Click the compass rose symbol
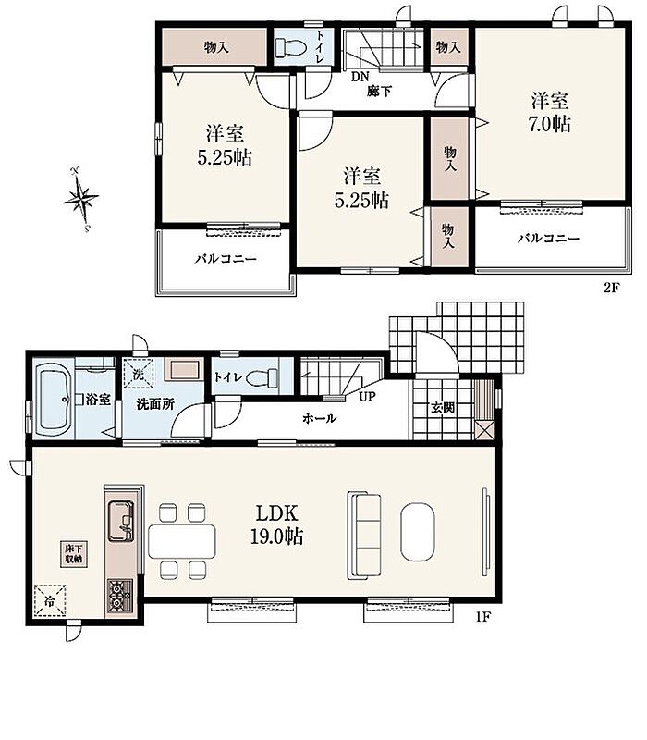tap(81, 199)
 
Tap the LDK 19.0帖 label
tap(276, 524)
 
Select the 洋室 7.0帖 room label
tap(550, 113)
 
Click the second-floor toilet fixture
tap(291, 47)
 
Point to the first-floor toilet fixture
tap(262, 377)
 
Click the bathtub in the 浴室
tap(54, 400)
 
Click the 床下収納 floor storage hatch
tap(74, 554)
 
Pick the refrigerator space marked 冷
tap(50, 600)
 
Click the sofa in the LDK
tap(364, 536)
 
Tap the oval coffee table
tap(418, 532)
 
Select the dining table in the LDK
tap(182, 541)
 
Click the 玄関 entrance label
tap(443, 408)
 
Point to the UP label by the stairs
tap(368, 397)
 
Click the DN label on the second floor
tap(360, 77)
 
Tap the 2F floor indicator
tap(611, 288)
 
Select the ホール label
tap(319, 418)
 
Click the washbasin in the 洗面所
tap(183, 370)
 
